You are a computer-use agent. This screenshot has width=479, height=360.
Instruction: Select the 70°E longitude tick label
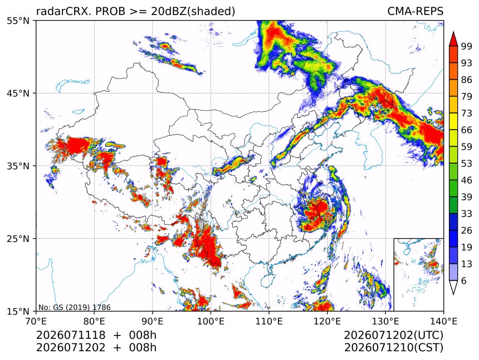click(x=36, y=321)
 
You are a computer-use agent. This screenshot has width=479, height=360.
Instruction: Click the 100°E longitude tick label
click(x=211, y=321)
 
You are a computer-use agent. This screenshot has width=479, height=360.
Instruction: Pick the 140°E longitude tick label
click(x=443, y=321)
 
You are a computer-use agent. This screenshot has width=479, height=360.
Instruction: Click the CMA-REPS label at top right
click(x=415, y=11)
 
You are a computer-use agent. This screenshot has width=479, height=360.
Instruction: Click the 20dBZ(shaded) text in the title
click(x=193, y=11)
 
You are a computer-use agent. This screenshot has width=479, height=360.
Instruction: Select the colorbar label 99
click(x=467, y=46)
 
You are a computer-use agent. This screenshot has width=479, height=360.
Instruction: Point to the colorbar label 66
click(x=467, y=130)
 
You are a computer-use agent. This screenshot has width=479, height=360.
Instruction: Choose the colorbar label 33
click(x=467, y=214)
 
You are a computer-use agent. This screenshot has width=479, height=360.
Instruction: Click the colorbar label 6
click(x=464, y=280)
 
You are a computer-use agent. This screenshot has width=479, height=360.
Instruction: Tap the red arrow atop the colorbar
click(x=453, y=40)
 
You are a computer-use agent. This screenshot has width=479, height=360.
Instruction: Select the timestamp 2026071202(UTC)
click(x=393, y=336)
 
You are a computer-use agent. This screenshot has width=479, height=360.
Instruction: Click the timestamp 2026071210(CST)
click(x=393, y=348)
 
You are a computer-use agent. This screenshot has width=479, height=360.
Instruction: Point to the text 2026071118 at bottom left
click(x=71, y=336)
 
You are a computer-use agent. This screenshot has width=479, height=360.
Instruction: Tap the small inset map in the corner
click(x=418, y=274)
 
